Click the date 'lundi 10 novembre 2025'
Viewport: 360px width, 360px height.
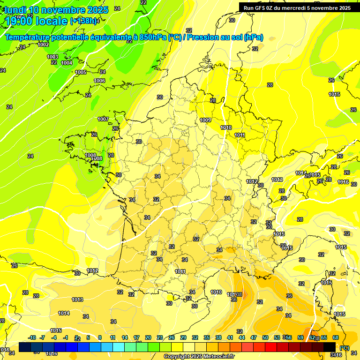56,9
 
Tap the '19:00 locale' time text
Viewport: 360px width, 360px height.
36,21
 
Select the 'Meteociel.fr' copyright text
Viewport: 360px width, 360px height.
217,356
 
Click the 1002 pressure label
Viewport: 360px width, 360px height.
43,45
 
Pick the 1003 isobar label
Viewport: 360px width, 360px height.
52,57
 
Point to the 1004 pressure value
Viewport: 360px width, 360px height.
67,63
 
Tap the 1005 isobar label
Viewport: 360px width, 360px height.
81,72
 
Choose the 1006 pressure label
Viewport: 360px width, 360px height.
99,81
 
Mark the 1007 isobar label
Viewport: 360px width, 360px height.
103,119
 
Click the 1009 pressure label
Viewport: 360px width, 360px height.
205,120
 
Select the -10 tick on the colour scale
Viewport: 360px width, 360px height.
32,337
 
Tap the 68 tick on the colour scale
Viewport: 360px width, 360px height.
336,337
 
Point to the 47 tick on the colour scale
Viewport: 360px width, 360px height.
254,337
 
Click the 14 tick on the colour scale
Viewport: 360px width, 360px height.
125,337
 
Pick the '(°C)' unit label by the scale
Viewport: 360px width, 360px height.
344,347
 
